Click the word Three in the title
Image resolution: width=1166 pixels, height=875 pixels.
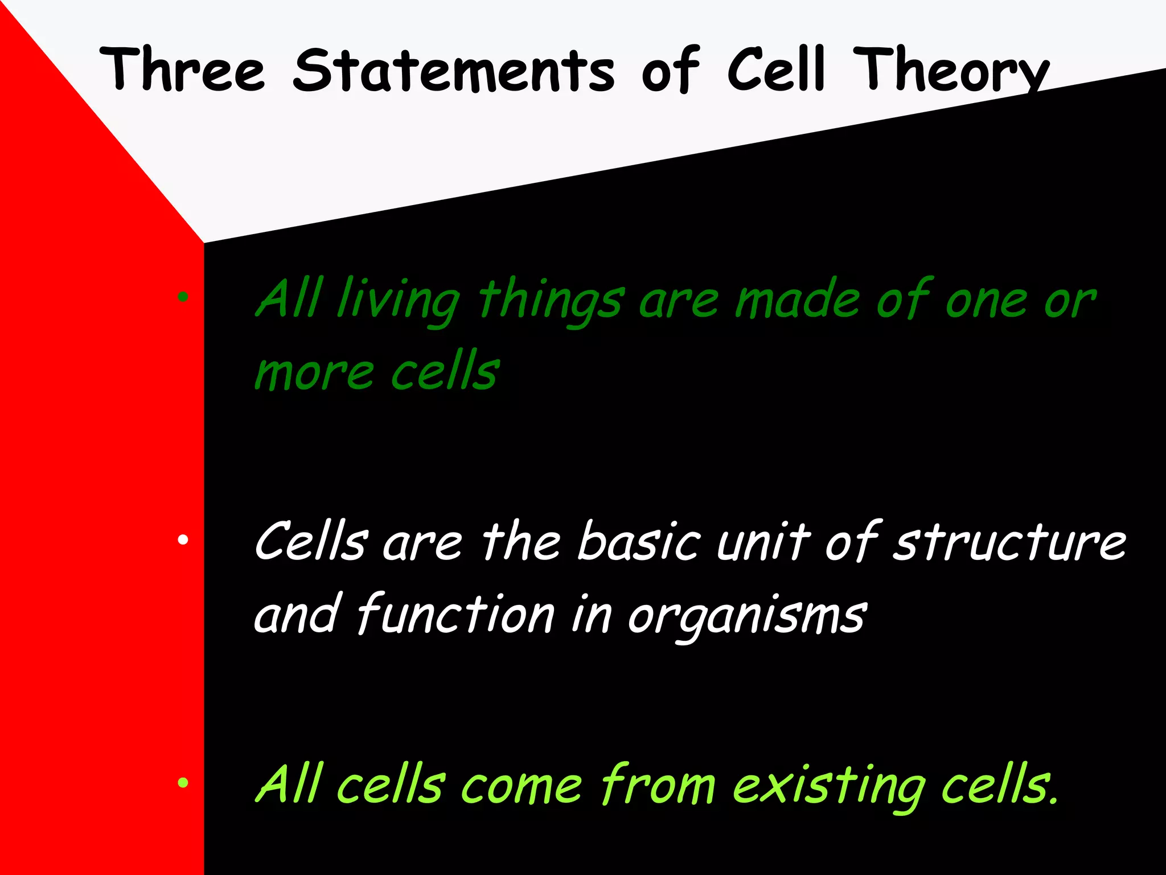182,69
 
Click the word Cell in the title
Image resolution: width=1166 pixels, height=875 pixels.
775,69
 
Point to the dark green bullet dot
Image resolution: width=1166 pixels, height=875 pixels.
183,296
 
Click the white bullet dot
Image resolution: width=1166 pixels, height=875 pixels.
183,539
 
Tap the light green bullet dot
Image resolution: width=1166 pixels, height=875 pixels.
183,783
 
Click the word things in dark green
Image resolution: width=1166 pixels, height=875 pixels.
551,302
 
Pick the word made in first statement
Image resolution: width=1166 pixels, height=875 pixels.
797,300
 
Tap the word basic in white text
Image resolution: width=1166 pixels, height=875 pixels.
639,542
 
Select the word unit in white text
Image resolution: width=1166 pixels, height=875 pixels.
763,542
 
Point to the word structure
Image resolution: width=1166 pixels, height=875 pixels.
1009,542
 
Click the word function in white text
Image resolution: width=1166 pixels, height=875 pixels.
455,615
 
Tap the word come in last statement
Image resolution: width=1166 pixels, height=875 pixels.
522,786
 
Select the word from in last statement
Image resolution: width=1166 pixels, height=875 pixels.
658,786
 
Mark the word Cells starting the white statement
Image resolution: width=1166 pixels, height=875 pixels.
311,542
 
